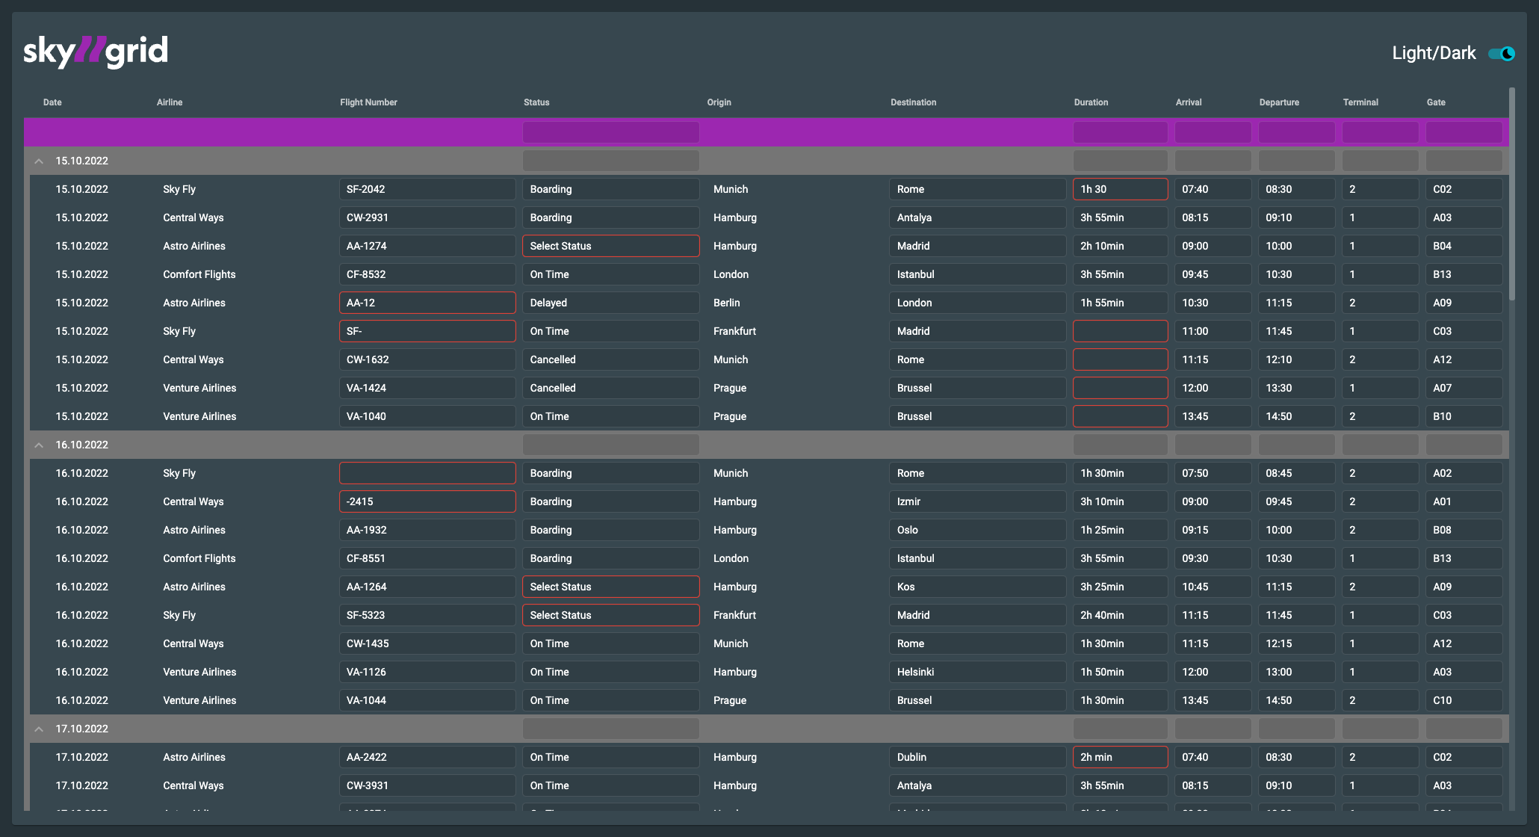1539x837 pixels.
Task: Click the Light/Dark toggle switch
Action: coord(1501,54)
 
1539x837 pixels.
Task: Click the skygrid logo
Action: coord(96,52)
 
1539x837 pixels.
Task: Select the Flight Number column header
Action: coord(368,102)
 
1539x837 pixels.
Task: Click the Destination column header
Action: coord(913,102)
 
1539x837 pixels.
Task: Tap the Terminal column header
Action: coord(1360,102)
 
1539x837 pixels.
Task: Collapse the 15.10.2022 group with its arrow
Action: coord(39,161)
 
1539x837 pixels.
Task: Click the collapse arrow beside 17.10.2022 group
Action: coord(39,729)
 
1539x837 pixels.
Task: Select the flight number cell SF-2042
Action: coord(427,190)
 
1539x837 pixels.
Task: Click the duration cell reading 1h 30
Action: coord(1119,190)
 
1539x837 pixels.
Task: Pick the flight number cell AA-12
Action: coord(427,303)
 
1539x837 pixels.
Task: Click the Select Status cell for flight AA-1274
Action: coord(610,247)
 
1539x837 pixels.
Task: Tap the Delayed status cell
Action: coord(610,303)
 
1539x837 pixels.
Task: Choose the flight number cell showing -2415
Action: coord(427,502)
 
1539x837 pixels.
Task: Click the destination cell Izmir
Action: coord(977,502)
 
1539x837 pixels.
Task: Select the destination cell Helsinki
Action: coord(977,673)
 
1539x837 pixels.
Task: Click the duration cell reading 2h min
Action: coord(1119,758)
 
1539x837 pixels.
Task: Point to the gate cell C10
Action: coord(1463,701)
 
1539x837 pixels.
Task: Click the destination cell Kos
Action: coord(977,587)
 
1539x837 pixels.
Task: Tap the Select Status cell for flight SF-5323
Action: coord(610,616)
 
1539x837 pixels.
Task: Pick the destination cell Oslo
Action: coord(977,531)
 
